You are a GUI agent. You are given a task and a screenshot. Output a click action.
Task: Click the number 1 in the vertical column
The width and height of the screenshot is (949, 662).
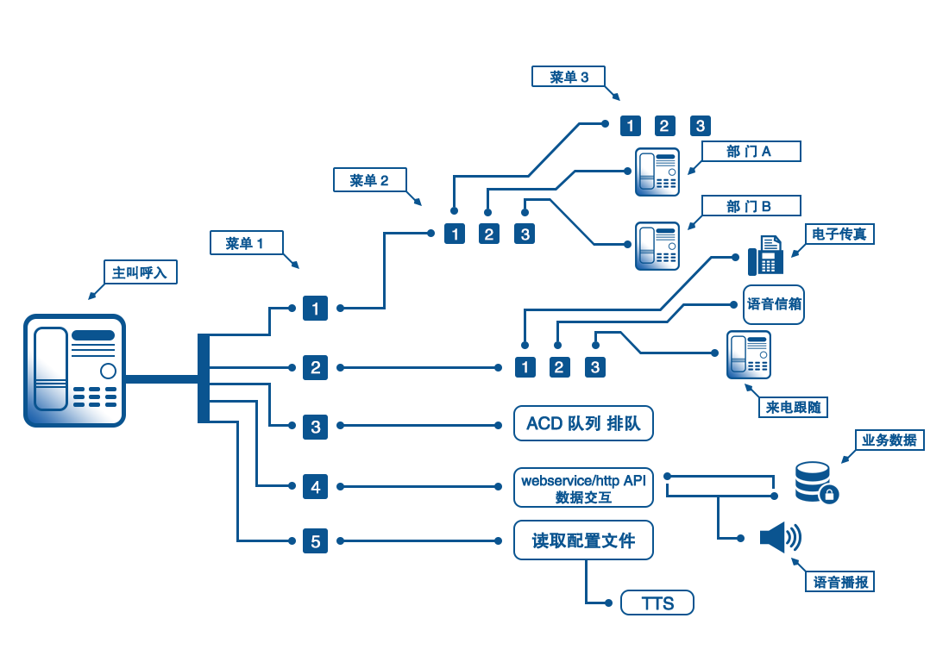click(x=315, y=309)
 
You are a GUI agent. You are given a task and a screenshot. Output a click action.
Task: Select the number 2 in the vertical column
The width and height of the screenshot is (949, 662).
click(x=315, y=368)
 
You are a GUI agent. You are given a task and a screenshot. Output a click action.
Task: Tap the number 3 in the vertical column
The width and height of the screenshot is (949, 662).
click(x=315, y=428)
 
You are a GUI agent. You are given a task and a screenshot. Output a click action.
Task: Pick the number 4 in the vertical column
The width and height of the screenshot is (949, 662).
click(x=315, y=488)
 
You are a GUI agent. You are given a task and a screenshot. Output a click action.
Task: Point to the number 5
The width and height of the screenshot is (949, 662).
click(x=315, y=542)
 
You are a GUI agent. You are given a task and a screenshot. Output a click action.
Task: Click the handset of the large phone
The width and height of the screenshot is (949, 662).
click(x=51, y=369)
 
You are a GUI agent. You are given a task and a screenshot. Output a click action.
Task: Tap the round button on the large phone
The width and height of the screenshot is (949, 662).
click(x=108, y=372)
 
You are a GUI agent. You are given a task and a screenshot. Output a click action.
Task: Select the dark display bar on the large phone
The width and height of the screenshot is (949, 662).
click(x=93, y=335)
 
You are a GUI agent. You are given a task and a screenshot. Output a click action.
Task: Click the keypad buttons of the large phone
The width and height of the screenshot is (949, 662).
click(x=95, y=397)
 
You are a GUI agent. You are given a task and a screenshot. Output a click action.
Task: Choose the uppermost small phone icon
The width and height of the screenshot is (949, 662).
click(x=657, y=172)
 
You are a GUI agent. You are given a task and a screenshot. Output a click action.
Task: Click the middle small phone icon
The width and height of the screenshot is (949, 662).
click(x=657, y=247)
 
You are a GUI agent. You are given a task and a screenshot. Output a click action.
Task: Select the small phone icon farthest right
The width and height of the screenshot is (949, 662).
click(x=749, y=355)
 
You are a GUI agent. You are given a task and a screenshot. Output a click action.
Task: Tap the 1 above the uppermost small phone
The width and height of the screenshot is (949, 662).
click(x=630, y=127)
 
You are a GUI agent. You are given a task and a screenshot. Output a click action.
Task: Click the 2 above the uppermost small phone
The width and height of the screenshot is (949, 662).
click(x=663, y=127)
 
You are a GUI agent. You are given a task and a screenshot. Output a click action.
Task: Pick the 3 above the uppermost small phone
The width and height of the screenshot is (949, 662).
click(x=700, y=127)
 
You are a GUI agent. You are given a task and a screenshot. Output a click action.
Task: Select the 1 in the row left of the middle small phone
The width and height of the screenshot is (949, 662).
click(x=455, y=235)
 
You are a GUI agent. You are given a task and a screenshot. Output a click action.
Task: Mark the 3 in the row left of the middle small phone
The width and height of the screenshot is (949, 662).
click(x=525, y=235)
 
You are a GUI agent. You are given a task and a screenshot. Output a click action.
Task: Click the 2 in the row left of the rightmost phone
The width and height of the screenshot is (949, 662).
click(x=558, y=368)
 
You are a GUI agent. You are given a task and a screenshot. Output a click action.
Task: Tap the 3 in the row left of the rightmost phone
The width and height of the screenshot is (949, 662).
click(x=594, y=368)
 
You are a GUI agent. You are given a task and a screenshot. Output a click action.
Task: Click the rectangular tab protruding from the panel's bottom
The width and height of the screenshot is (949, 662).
click(x=603, y=604)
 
